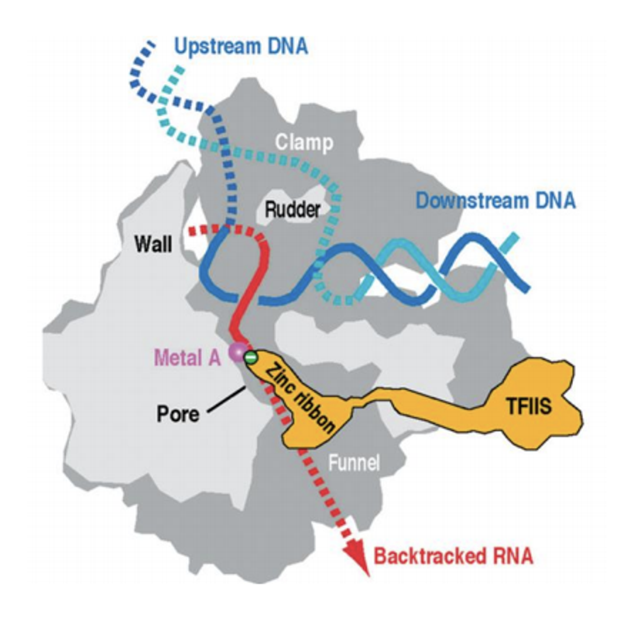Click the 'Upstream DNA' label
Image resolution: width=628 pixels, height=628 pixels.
pos(241,47)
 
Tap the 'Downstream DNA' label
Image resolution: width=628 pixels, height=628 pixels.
pos(495,200)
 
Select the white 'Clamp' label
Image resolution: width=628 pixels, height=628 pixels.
pos(304,142)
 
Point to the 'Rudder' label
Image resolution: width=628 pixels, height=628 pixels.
pos(292,209)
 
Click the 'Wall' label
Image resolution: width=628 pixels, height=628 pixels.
pos(153,244)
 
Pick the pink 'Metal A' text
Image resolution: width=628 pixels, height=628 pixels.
pos(187,357)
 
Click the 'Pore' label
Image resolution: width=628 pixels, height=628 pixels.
pos(178,414)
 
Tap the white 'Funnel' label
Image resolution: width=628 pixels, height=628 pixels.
pos(354,463)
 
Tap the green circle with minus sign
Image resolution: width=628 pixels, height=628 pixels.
pos(250,357)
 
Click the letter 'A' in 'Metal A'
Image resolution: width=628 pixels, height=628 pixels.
pos(214,357)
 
